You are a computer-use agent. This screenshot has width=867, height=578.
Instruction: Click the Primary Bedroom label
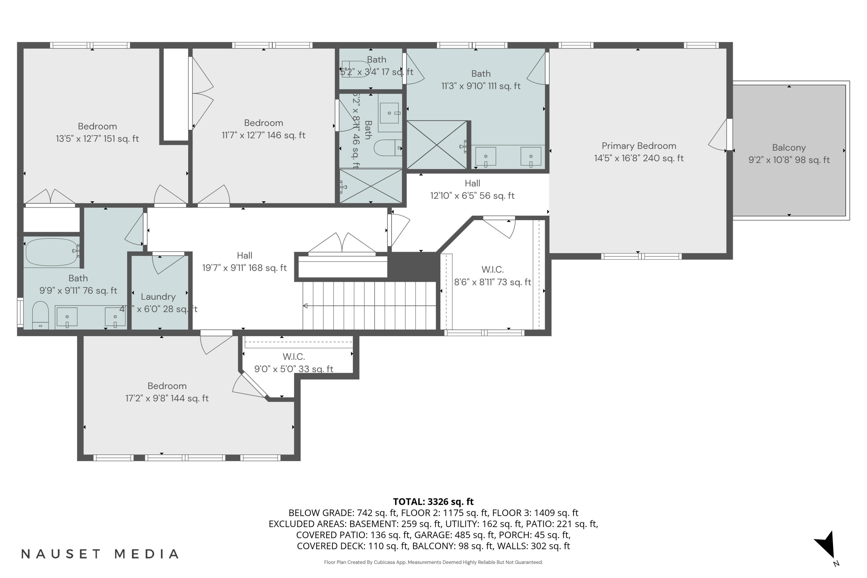point(638,146)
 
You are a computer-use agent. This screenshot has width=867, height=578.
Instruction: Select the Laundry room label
point(158,297)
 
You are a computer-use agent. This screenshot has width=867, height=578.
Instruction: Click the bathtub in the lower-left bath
point(52,252)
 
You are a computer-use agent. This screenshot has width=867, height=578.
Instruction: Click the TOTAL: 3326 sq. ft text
point(433,502)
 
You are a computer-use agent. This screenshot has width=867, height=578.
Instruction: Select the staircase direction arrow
point(305,305)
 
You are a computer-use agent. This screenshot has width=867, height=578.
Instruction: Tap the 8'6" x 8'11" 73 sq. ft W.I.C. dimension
point(492,282)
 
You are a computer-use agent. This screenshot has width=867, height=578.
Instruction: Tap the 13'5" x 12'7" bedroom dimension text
point(97,139)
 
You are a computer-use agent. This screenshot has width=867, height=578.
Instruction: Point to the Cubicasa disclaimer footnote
point(433,562)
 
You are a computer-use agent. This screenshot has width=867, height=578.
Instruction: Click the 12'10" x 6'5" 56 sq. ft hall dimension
point(472,196)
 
